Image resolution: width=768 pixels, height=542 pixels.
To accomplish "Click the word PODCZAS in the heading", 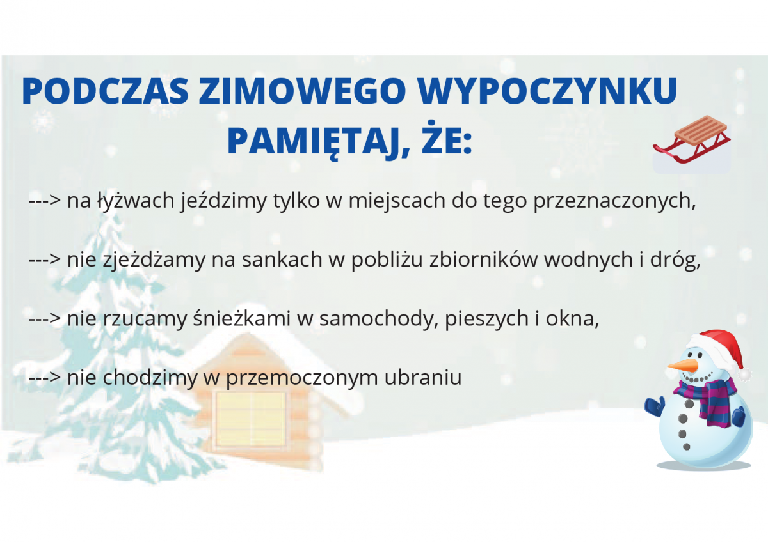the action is point(105,91).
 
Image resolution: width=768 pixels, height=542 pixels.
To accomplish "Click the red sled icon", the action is point(692,140).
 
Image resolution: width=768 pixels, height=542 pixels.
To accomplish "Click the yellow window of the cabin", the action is point(251,419).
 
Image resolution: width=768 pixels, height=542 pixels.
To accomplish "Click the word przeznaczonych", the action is point(614,201).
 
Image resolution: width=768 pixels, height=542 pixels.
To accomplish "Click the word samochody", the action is point(379,319).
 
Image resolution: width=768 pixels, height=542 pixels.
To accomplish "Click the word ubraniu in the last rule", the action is point(423,377).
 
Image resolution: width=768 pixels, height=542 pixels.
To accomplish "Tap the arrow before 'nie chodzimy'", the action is point(45,378).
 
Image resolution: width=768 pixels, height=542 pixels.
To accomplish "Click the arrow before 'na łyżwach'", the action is point(45,201).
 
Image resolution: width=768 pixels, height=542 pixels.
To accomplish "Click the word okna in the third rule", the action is point(572,318).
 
